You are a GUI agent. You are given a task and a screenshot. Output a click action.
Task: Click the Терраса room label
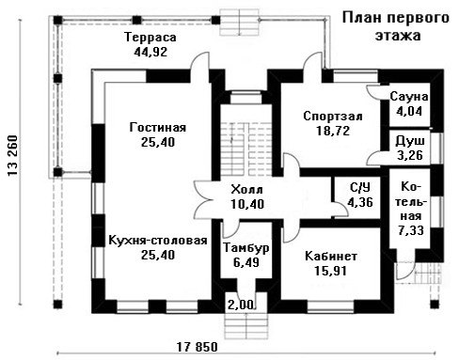coord(150,38)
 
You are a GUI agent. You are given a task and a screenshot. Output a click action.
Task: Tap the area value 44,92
coord(150,52)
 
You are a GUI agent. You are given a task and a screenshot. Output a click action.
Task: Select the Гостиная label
coord(158,128)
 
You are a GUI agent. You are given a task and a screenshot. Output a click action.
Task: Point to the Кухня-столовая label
coord(158,241)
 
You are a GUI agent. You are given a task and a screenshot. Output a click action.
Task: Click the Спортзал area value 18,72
coord(333,131)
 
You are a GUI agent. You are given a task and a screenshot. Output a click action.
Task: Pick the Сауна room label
coord(409,97)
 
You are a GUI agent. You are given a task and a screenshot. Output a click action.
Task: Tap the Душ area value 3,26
coord(410,155)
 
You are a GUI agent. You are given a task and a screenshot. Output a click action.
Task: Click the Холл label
coord(247,190)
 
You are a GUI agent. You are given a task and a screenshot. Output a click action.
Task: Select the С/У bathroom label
coord(360,188)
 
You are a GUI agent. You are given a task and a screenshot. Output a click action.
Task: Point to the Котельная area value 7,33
coord(411,230)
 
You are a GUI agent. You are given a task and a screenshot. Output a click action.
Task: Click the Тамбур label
coord(246,247)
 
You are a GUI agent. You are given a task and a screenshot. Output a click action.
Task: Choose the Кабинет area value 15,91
coord(331,271)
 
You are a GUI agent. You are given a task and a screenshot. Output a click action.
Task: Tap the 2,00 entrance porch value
coord(240,305)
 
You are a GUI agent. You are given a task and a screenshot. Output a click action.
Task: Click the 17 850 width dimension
coord(197,347)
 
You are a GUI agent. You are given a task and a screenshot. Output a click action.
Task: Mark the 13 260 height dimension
coord(12,155)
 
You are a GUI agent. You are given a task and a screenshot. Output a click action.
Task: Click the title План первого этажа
coord(396,26)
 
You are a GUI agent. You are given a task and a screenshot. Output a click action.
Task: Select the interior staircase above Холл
coord(245,149)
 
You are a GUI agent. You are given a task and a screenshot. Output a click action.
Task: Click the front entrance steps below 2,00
coord(246,326)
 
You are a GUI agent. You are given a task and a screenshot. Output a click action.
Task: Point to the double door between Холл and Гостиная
coord(203,200)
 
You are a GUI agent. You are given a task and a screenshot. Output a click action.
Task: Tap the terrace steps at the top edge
coord(240,22)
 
